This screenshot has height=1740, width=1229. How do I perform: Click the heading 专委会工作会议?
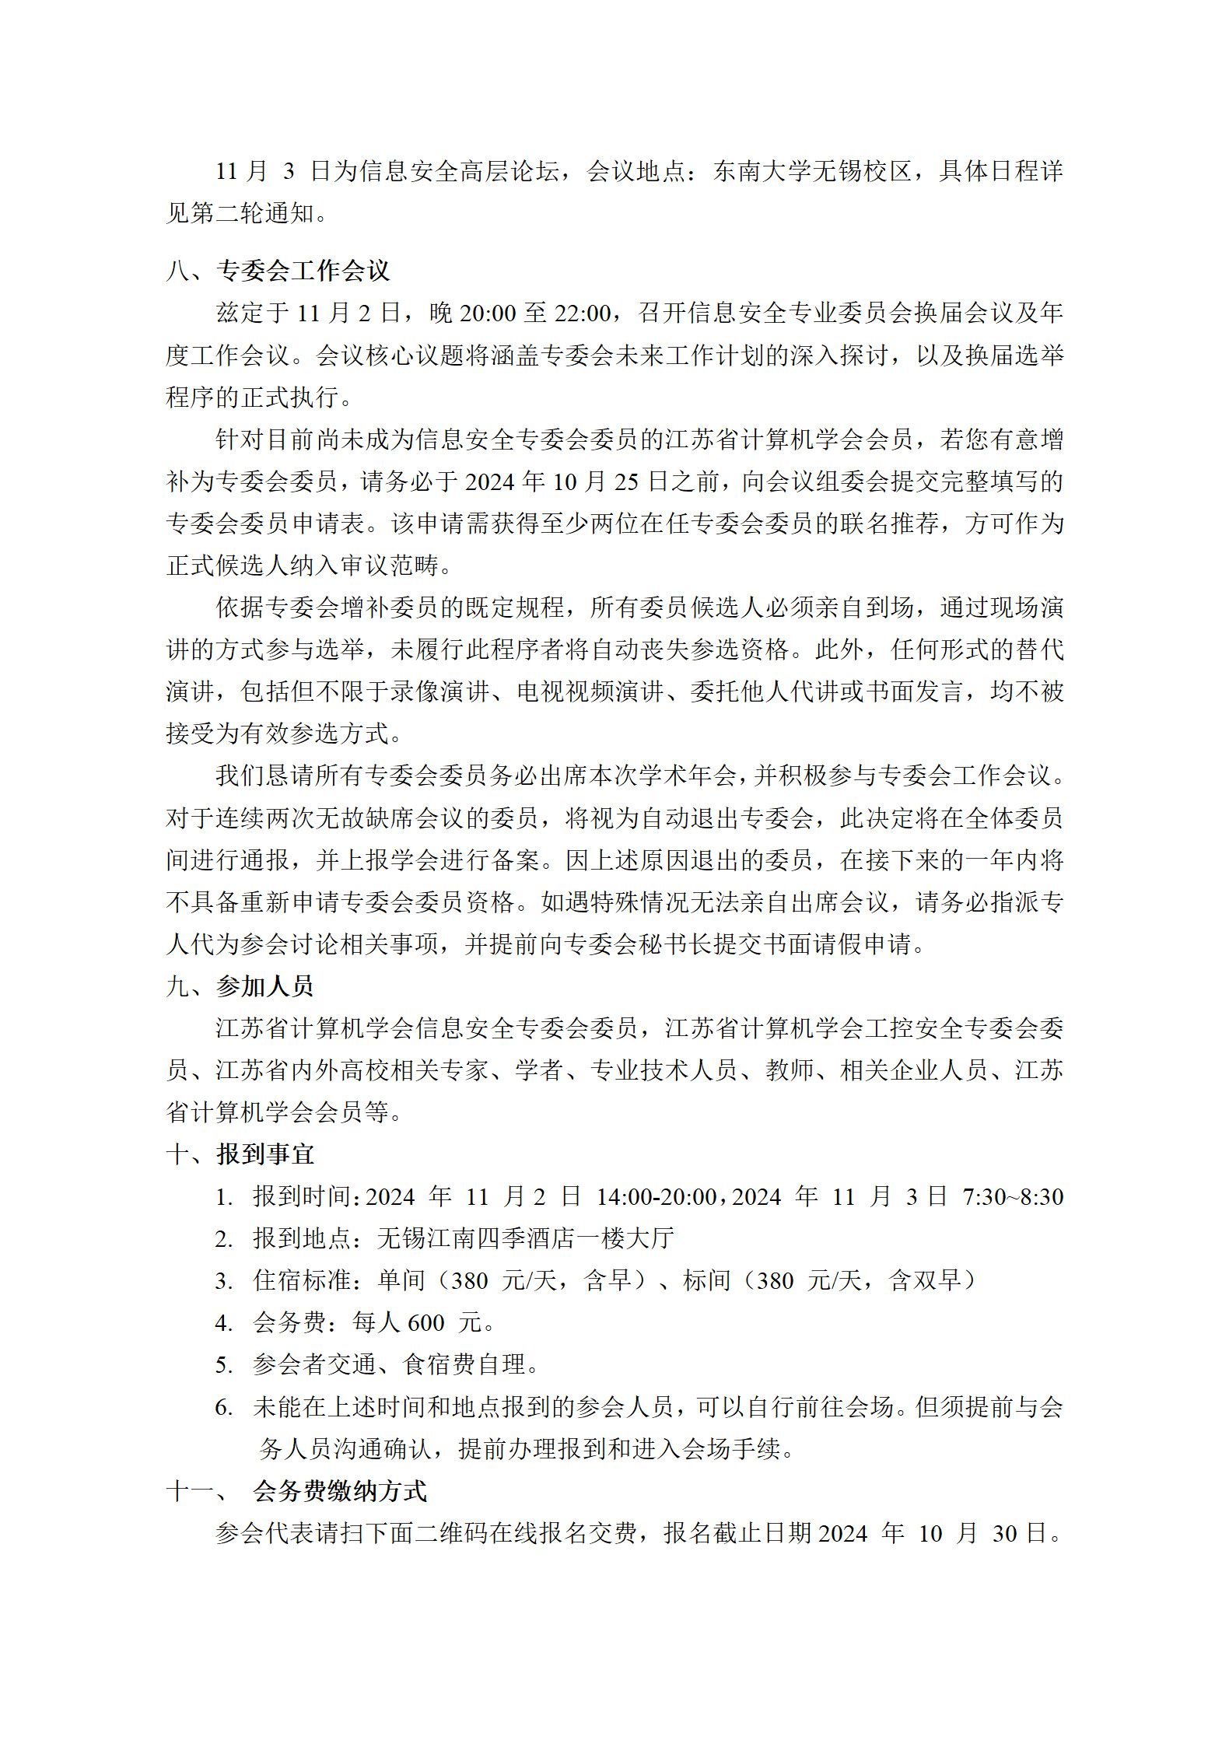coord(303,271)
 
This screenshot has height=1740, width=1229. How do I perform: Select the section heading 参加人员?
coord(264,986)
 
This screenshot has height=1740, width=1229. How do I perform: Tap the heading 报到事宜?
coord(264,1154)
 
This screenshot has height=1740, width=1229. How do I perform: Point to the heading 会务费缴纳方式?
coord(339,1491)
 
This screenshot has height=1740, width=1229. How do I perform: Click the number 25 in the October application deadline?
coord(626,482)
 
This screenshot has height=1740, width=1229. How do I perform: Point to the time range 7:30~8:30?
coord(1012,1197)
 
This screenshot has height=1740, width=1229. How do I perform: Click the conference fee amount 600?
coord(426,1323)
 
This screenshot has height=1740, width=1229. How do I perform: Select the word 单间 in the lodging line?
coord(401,1281)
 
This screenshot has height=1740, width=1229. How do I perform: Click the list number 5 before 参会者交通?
coord(223,1365)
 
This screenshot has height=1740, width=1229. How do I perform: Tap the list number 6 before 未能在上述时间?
coord(223,1407)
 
